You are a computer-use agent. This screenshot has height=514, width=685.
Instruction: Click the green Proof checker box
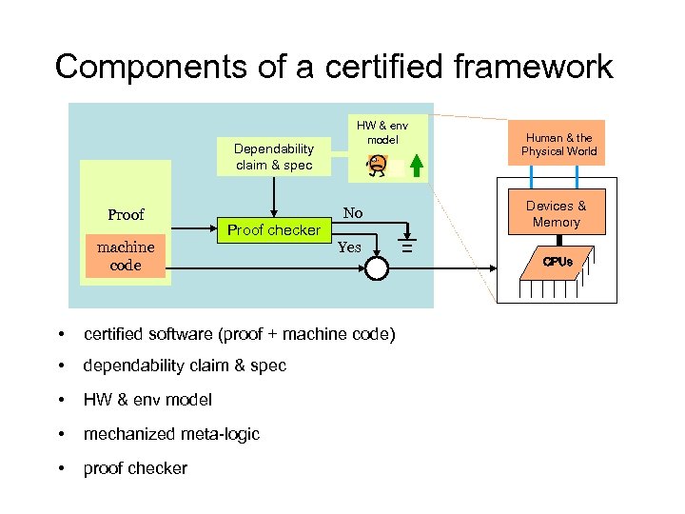pyautogui.click(x=274, y=229)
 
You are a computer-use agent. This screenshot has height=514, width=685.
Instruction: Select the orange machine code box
pyautogui.click(x=125, y=256)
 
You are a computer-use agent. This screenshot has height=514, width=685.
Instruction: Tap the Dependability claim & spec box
pyautogui.click(x=274, y=156)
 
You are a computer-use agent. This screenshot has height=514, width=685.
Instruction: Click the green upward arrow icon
pyautogui.click(x=414, y=165)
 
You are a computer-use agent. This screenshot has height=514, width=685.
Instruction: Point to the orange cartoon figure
pyautogui.click(x=378, y=165)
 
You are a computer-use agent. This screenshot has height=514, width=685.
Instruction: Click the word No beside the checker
pyautogui.click(x=353, y=212)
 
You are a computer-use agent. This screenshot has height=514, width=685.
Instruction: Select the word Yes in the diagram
pyautogui.click(x=350, y=247)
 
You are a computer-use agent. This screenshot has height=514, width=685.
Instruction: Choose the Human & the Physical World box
pyautogui.click(x=557, y=144)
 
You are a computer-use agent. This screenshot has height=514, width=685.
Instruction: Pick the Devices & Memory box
pyautogui.click(x=557, y=213)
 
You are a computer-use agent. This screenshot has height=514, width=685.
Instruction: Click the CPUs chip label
pyautogui.click(x=558, y=261)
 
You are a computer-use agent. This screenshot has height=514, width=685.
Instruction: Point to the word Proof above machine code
pyautogui.click(x=126, y=214)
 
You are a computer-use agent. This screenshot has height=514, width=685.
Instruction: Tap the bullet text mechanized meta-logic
pyautogui.click(x=171, y=434)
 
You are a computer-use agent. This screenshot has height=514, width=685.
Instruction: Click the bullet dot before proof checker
pyautogui.click(x=61, y=468)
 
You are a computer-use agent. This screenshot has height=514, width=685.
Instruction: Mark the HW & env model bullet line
pyautogui.click(x=147, y=400)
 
